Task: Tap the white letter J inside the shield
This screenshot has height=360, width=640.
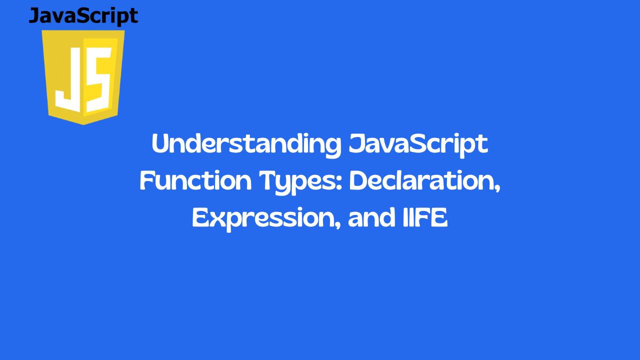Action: (x=68, y=79)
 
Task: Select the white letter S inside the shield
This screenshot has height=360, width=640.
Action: (x=98, y=79)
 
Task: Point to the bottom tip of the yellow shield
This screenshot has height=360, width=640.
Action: (x=83, y=125)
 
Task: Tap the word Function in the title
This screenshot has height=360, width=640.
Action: (x=195, y=180)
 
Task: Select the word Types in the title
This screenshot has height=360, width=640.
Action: (x=301, y=182)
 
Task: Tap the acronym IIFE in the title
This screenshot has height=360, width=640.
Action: (x=425, y=217)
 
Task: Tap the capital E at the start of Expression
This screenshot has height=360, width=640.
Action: (x=201, y=217)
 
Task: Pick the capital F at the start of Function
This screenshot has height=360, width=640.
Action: (x=147, y=180)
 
